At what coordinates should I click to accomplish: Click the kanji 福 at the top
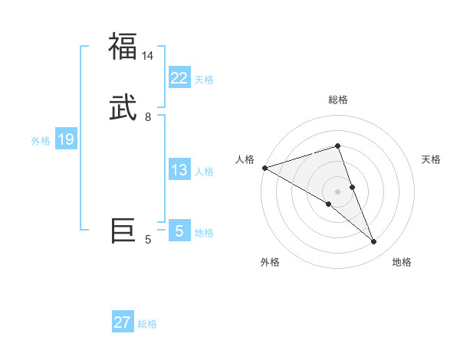(x=123, y=46)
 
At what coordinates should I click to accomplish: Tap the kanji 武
(x=123, y=107)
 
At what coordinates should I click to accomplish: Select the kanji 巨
(x=123, y=230)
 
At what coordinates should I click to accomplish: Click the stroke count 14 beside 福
(x=147, y=56)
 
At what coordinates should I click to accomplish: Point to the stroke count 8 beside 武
(x=148, y=117)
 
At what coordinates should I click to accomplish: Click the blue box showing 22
(x=179, y=77)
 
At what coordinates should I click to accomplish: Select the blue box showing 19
(x=65, y=139)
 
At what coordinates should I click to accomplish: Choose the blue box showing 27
(x=123, y=322)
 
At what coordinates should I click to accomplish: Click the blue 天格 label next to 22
(x=204, y=80)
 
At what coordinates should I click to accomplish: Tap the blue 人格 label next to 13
(x=204, y=172)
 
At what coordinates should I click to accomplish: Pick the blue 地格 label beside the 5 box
(x=204, y=233)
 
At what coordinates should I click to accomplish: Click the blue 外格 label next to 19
(x=41, y=141)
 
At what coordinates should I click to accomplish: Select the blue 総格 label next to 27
(x=147, y=324)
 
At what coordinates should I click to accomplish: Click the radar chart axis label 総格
(x=338, y=100)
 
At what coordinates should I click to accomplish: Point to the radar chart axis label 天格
(x=432, y=159)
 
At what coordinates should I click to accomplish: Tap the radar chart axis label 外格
(x=270, y=262)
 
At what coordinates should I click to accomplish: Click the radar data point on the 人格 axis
(x=264, y=167)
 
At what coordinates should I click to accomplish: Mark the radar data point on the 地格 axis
(x=373, y=241)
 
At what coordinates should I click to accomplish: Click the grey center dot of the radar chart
(x=338, y=191)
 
